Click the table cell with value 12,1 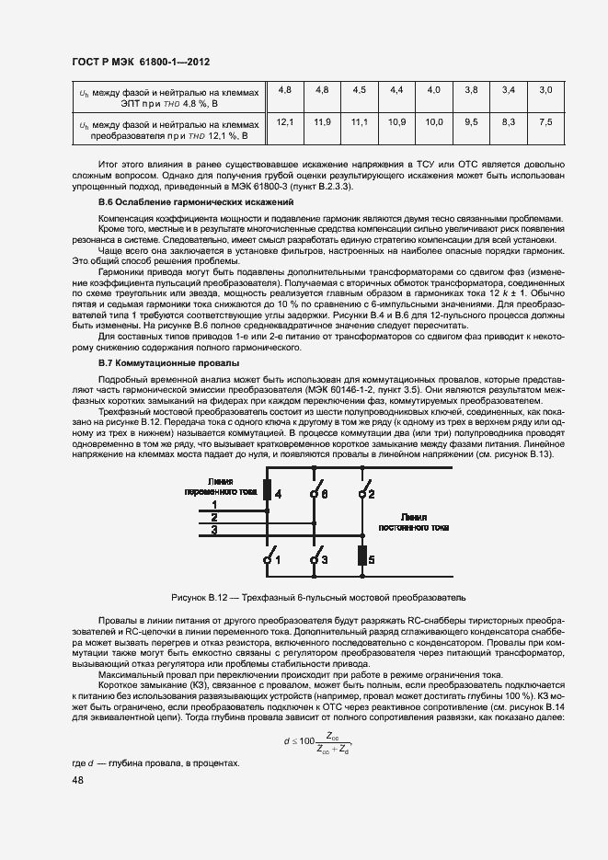pyautogui.click(x=284, y=121)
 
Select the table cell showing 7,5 pyautogui.click(x=545, y=121)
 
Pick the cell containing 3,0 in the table pyautogui.click(x=545, y=89)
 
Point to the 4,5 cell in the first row pyautogui.click(x=359, y=89)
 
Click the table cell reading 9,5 pyautogui.click(x=471, y=121)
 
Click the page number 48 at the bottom pyautogui.click(x=77, y=780)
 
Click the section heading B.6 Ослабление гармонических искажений pyautogui.click(x=195, y=201)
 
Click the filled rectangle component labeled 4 pyautogui.click(x=267, y=490)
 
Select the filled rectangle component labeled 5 pyautogui.click(x=361, y=556)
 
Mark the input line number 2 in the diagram pyautogui.click(x=214, y=517)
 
